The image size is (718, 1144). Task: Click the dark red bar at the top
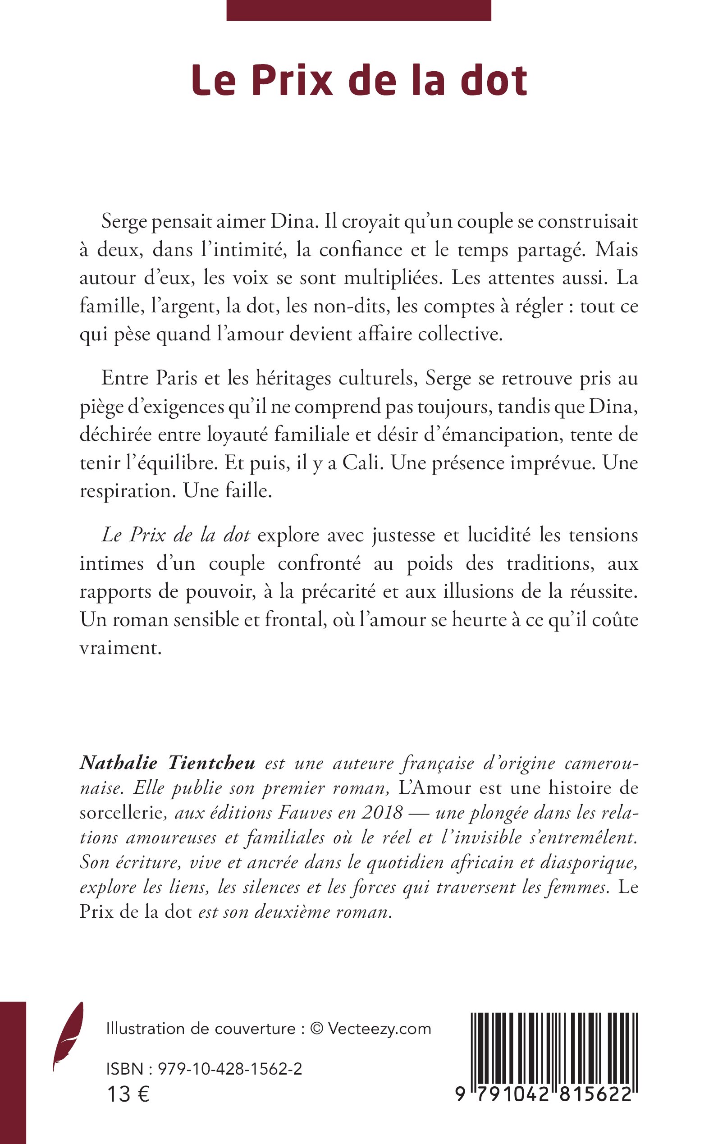point(358,10)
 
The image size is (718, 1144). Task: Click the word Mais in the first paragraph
point(617,250)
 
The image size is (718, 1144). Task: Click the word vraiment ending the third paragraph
point(121,648)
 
